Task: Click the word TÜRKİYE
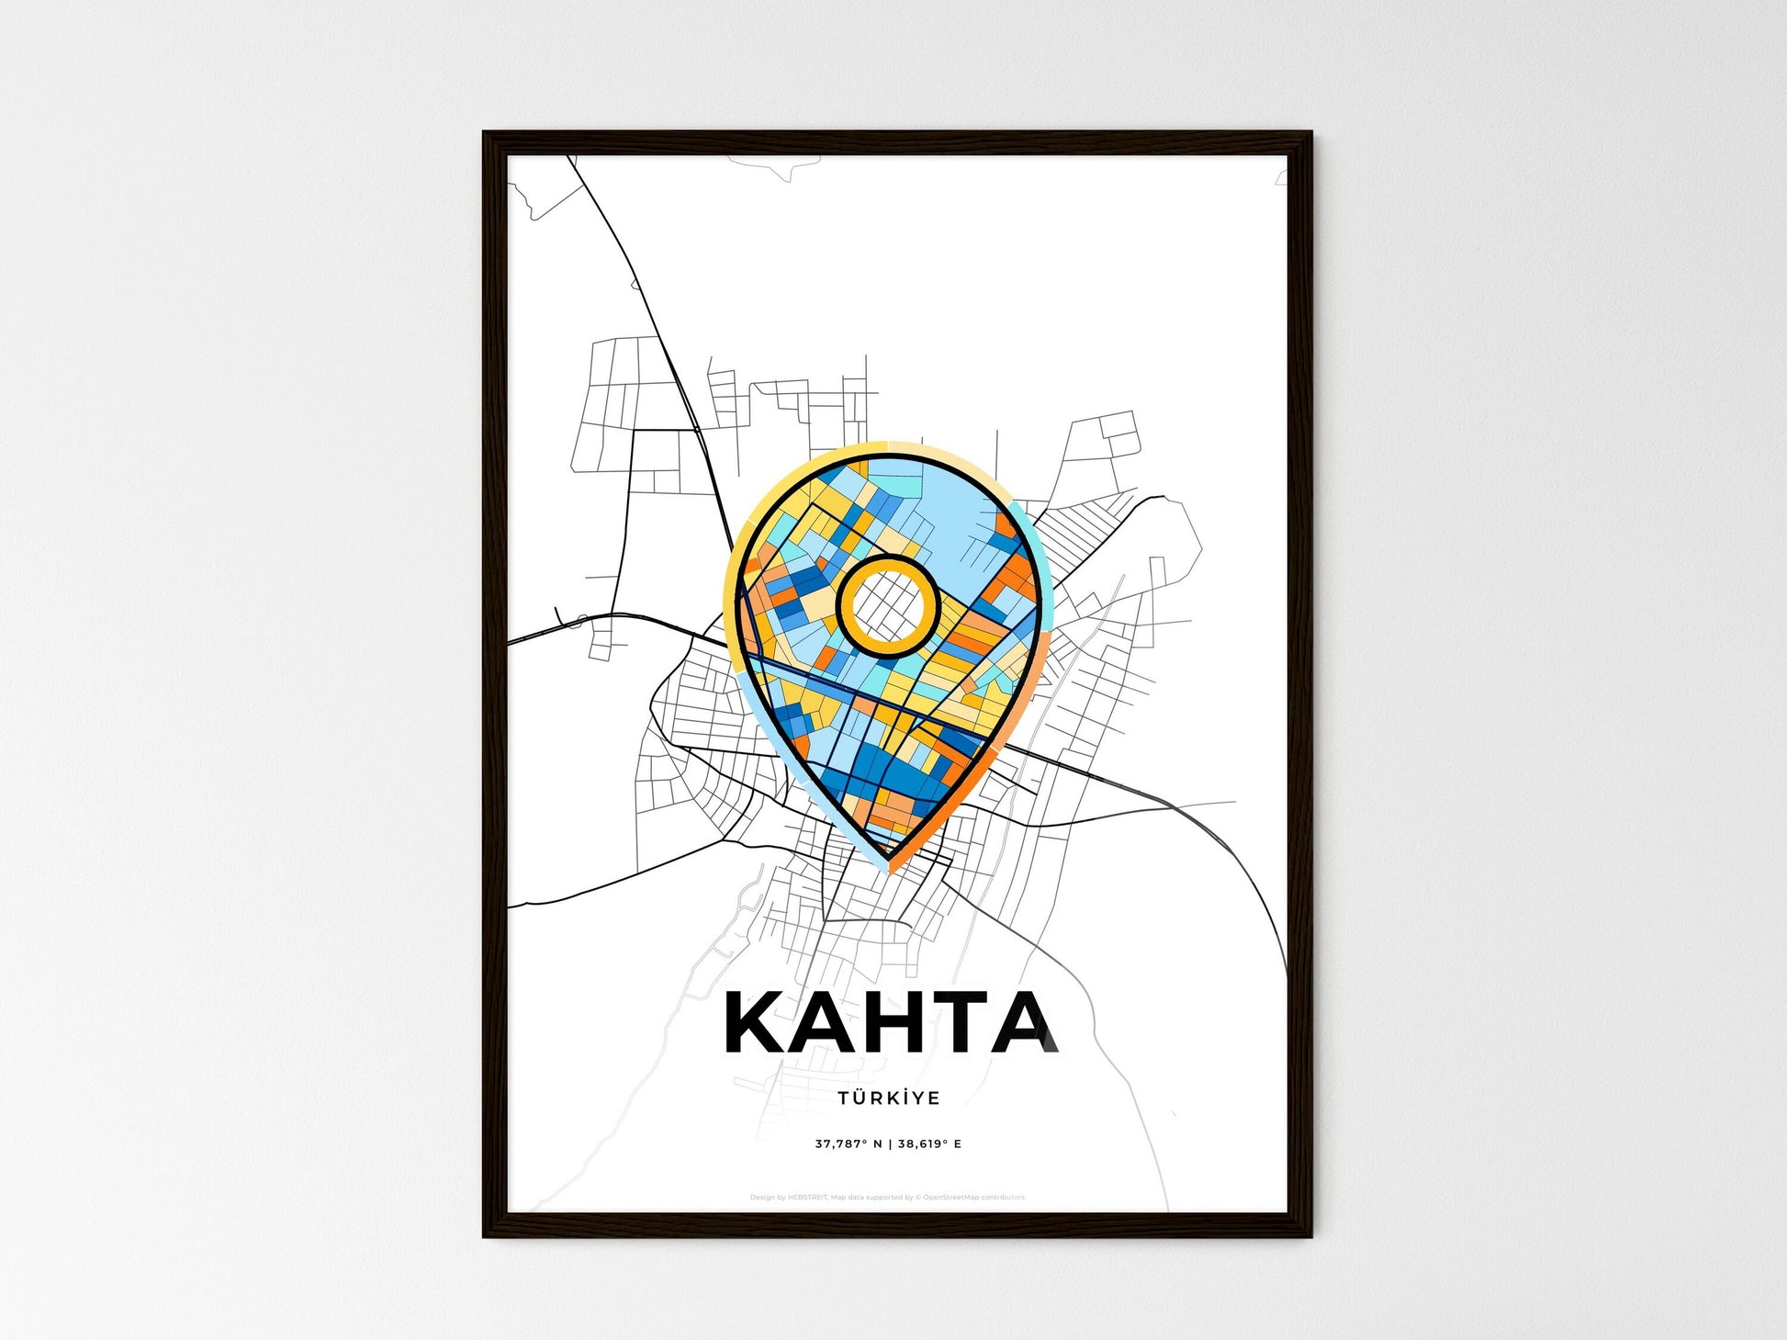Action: (x=888, y=1098)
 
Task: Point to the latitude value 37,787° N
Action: (x=849, y=1144)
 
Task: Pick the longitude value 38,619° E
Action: (x=929, y=1144)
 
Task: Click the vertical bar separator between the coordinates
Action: (x=890, y=1144)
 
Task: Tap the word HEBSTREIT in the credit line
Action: (x=808, y=1198)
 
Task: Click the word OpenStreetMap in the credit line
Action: (x=951, y=1198)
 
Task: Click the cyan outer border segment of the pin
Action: (x=1032, y=551)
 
